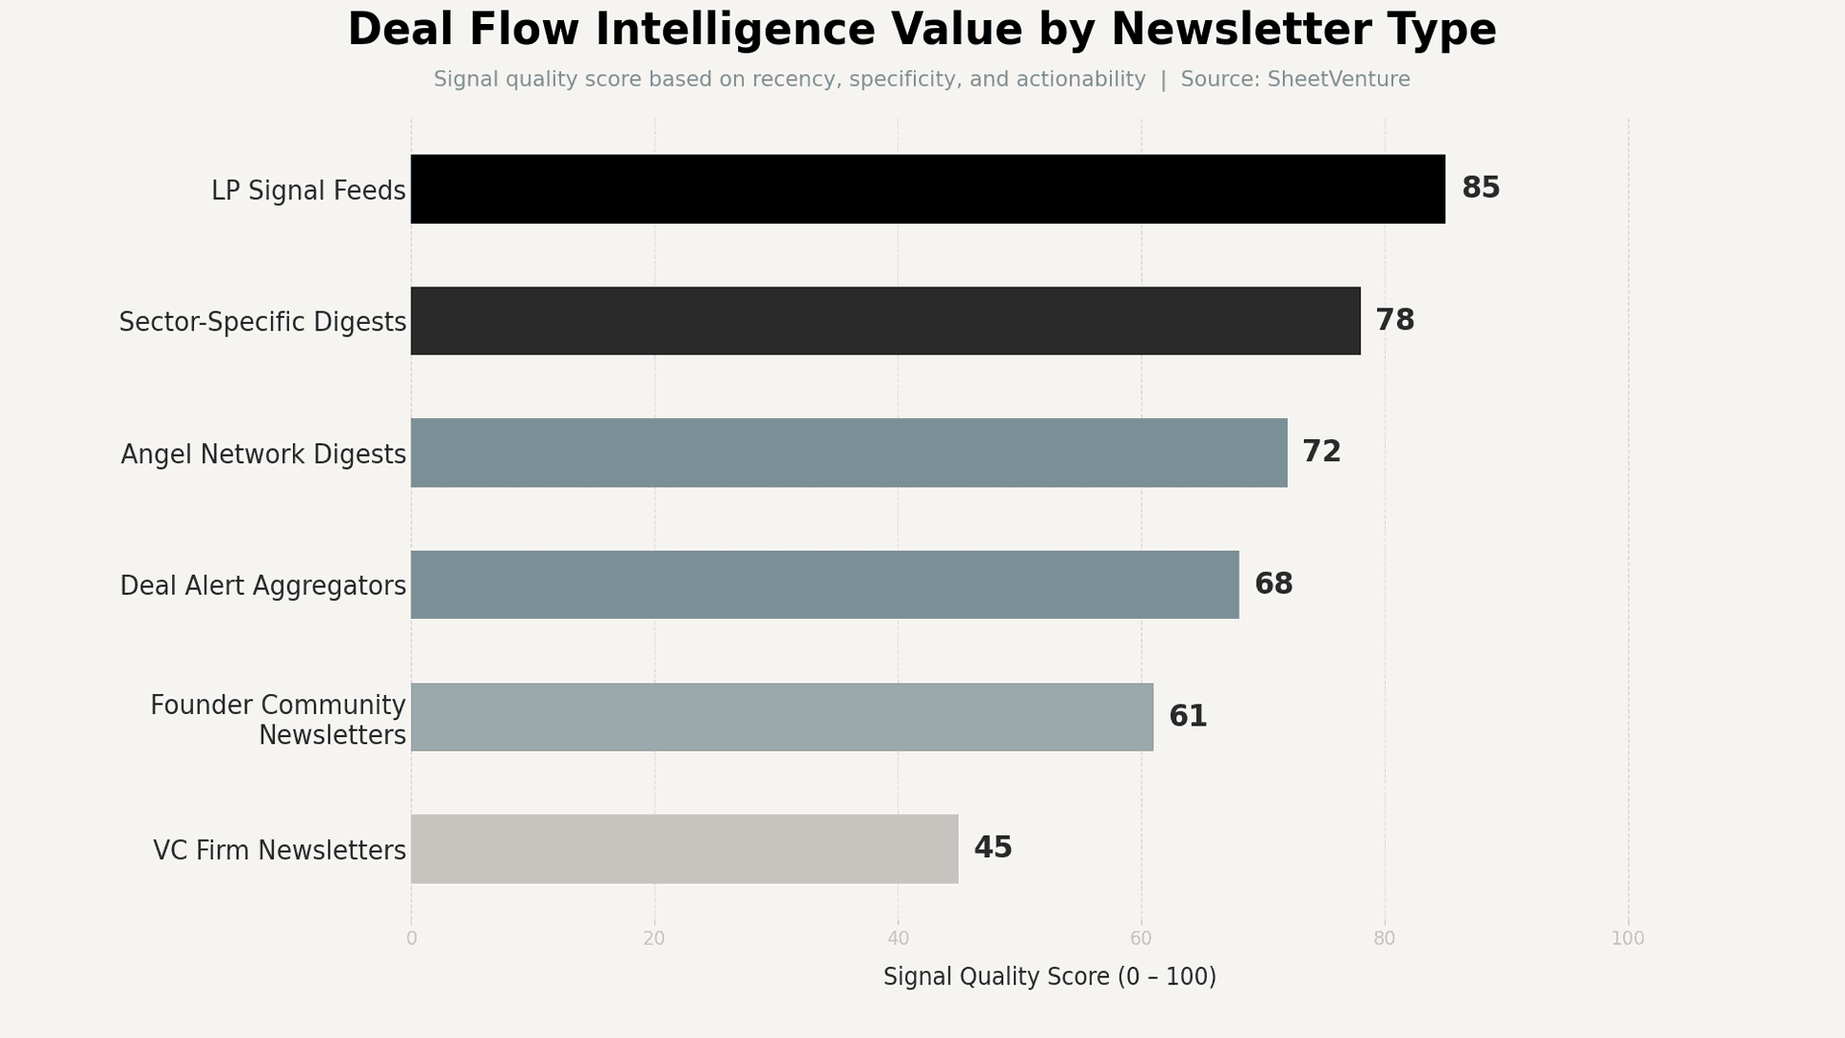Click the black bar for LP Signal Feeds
[927, 189]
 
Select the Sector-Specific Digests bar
[885, 321]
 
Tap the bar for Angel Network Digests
[849, 453]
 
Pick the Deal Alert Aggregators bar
[824, 584]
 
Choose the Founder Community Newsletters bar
[781, 717]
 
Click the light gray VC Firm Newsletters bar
[684, 849]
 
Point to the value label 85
[1480, 188]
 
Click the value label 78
[1394, 321]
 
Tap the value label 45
[993, 848]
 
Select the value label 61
[1188, 717]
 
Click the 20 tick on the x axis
[654, 939]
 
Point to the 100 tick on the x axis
[1627, 939]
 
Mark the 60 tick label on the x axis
[1141, 939]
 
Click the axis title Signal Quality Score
[1048, 977]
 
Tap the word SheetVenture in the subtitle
[1338, 80]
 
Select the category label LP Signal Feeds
[307, 191]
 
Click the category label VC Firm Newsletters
[279, 851]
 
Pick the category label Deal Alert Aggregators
[262, 586]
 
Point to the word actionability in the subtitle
[1080, 80]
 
